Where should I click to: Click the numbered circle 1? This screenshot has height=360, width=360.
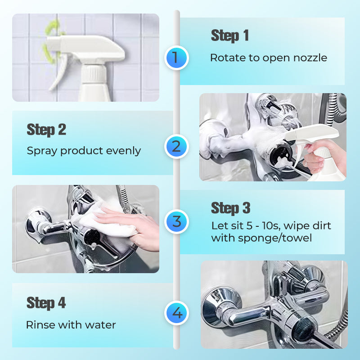pos(176,58)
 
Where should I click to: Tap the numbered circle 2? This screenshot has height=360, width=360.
pos(176,146)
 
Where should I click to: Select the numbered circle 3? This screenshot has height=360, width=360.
pos(176,221)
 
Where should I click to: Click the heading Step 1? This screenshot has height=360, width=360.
pos(229,36)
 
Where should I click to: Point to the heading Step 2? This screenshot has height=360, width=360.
pos(46,130)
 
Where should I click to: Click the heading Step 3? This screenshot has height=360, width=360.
pos(230,208)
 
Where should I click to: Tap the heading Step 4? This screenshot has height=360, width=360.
pos(46,303)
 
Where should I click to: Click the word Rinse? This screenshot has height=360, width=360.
pos(40,324)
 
